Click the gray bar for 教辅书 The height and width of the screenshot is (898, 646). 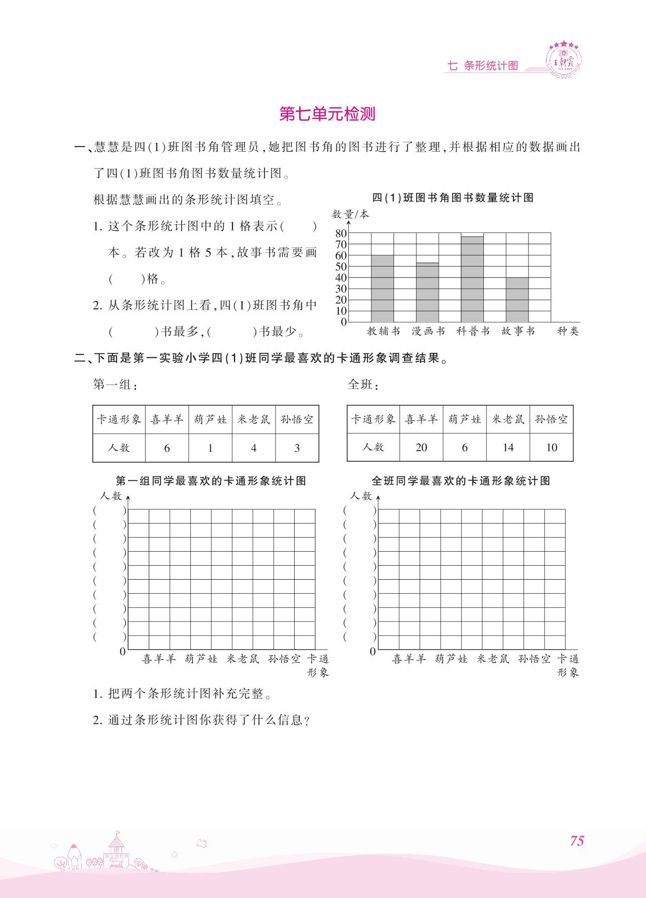[x=382, y=289]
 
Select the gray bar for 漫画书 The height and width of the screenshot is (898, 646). [x=427, y=292]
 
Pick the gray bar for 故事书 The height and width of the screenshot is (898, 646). [x=517, y=300]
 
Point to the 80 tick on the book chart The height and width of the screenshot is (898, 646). [x=341, y=233]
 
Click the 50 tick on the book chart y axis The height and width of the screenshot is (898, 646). [x=341, y=267]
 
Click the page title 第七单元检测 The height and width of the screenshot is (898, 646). [x=327, y=114]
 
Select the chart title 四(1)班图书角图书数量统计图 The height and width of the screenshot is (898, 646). [x=453, y=198]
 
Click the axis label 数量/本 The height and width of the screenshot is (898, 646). [x=350, y=214]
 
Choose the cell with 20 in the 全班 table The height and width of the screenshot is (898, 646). [x=422, y=447]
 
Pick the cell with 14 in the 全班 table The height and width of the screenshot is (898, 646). [x=508, y=447]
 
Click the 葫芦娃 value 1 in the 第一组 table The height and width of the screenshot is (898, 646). [x=210, y=448]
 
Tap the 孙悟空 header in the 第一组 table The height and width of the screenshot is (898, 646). [x=297, y=419]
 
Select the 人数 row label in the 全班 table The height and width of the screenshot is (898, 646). [x=373, y=447]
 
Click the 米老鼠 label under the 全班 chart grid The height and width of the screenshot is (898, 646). [x=493, y=659]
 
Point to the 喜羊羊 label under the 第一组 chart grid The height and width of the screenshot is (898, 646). [x=159, y=659]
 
